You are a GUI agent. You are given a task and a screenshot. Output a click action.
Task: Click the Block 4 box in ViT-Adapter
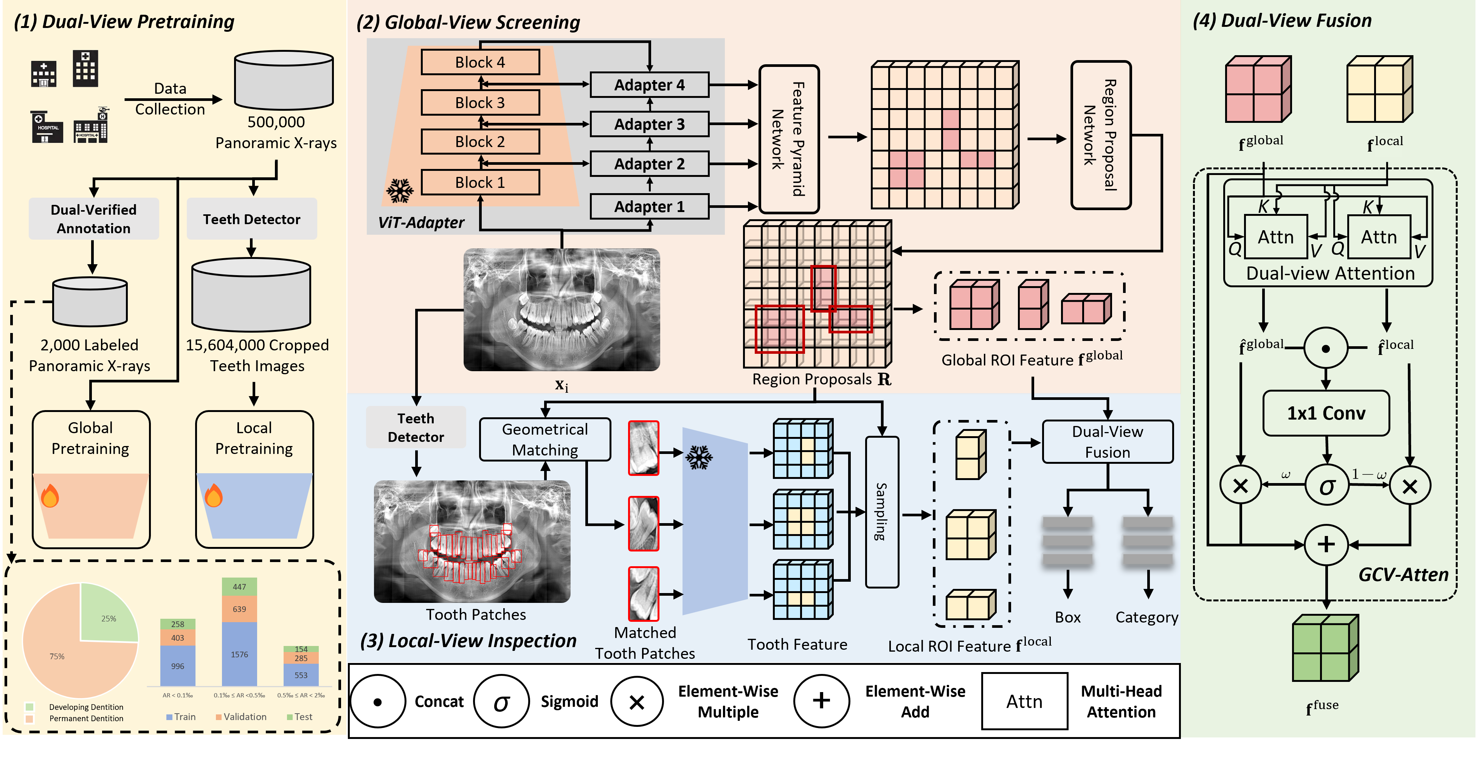click(x=480, y=62)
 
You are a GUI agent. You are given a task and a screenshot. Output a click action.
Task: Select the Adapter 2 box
click(x=649, y=164)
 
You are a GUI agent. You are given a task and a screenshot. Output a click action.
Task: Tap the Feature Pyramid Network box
click(x=789, y=139)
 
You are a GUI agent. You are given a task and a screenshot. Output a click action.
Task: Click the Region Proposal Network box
click(x=1101, y=135)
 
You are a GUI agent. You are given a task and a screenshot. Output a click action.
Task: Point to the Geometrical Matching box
click(x=545, y=439)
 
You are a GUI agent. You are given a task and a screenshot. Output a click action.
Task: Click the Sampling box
click(x=882, y=512)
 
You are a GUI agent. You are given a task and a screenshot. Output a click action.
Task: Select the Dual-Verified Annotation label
click(x=94, y=219)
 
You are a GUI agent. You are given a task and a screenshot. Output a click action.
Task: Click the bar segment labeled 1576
click(x=239, y=654)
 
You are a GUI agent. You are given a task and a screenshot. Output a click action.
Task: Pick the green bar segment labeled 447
click(x=239, y=587)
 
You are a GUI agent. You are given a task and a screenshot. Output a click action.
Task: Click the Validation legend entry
click(x=241, y=717)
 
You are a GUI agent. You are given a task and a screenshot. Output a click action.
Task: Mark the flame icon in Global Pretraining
click(x=50, y=496)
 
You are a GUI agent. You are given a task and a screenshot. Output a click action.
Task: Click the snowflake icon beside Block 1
click(x=400, y=191)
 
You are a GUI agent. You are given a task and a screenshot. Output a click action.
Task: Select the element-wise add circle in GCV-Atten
click(x=1326, y=544)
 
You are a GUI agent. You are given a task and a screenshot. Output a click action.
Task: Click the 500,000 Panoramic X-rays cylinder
click(x=284, y=81)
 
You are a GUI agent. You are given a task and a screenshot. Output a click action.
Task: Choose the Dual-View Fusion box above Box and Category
click(x=1108, y=441)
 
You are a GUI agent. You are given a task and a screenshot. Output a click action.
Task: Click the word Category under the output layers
click(x=1147, y=618)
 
